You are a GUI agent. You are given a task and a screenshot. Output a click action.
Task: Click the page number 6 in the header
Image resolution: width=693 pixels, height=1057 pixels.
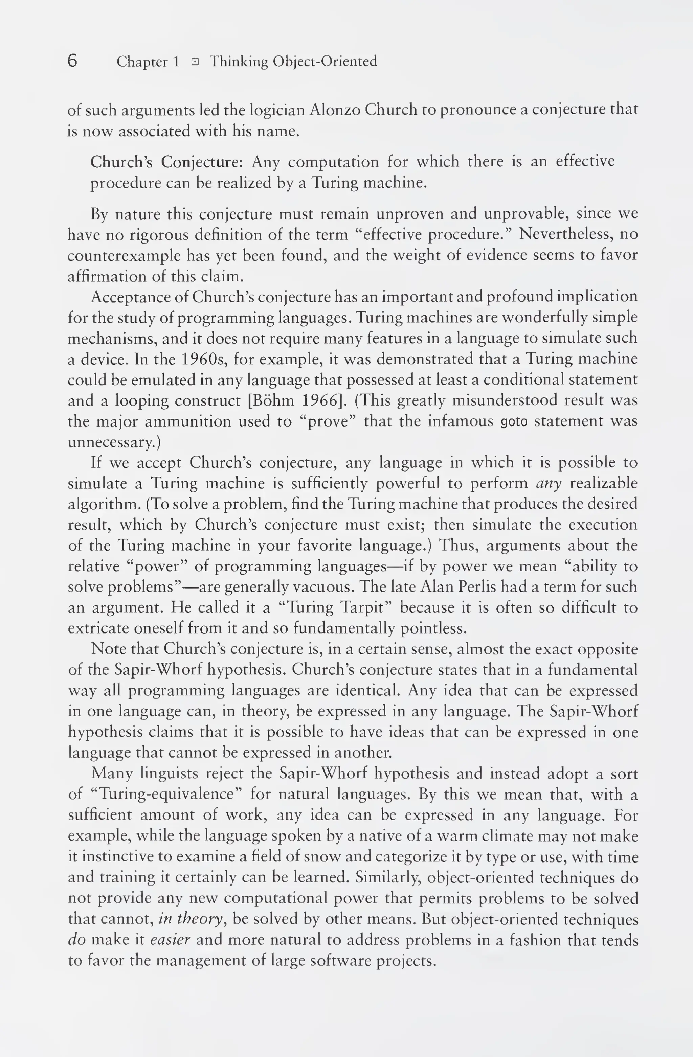73,61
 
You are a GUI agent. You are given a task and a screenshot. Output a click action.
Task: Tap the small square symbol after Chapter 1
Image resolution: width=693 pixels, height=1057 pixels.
195,62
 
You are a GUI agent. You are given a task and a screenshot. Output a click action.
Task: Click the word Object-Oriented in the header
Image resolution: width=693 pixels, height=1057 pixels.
325,61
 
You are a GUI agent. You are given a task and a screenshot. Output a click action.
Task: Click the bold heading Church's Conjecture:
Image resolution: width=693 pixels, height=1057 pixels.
166,162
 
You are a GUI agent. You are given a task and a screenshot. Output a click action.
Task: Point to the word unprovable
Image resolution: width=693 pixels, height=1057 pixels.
526,214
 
